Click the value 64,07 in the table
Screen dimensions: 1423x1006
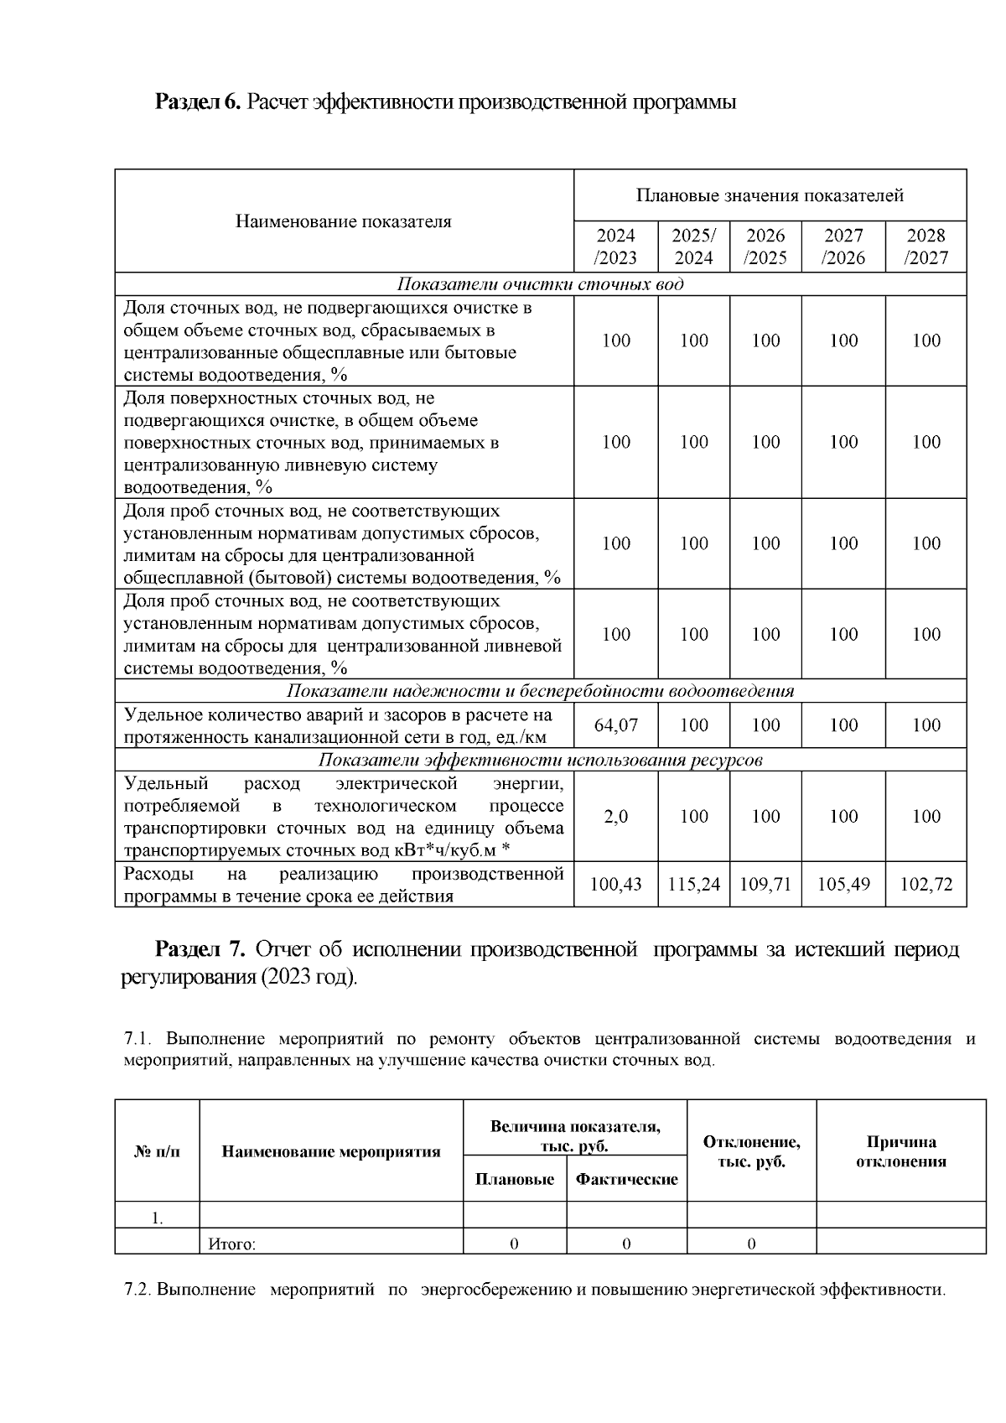(x=615, y=725)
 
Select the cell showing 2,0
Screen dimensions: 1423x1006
(x=615, y=817)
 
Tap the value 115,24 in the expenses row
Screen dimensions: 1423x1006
(x=693, y=885)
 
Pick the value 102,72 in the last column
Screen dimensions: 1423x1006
(x=926, y=885)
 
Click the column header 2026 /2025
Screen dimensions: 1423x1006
(x=765, y=247)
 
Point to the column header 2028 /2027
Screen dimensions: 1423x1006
(x=926, y=247)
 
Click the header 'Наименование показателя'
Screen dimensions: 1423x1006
(x=343, y=221)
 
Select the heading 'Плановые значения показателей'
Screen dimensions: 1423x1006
(x=770, y=195)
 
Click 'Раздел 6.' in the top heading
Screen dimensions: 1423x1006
(x=198, y=102)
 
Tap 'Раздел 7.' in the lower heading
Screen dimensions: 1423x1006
(x=200, y=950)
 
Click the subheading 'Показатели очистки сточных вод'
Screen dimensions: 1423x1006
(x=540, y=284)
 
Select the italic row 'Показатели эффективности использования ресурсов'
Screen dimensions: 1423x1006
(x=540, y=761)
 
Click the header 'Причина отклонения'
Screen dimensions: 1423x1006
(x=900, y=1152)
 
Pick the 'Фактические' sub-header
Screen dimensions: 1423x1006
(x=626, y=1180)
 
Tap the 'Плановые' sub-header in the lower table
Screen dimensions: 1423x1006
(x=514, y=1180)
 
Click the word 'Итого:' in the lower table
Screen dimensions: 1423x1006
(x=231, y=1244)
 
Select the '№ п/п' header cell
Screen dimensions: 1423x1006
(x=157, y=1151)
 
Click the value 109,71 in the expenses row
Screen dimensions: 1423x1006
(x=765, y=885)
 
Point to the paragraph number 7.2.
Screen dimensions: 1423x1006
(x=137, y=1290)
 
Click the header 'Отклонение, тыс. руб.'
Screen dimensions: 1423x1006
(x=751, y=1152)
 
